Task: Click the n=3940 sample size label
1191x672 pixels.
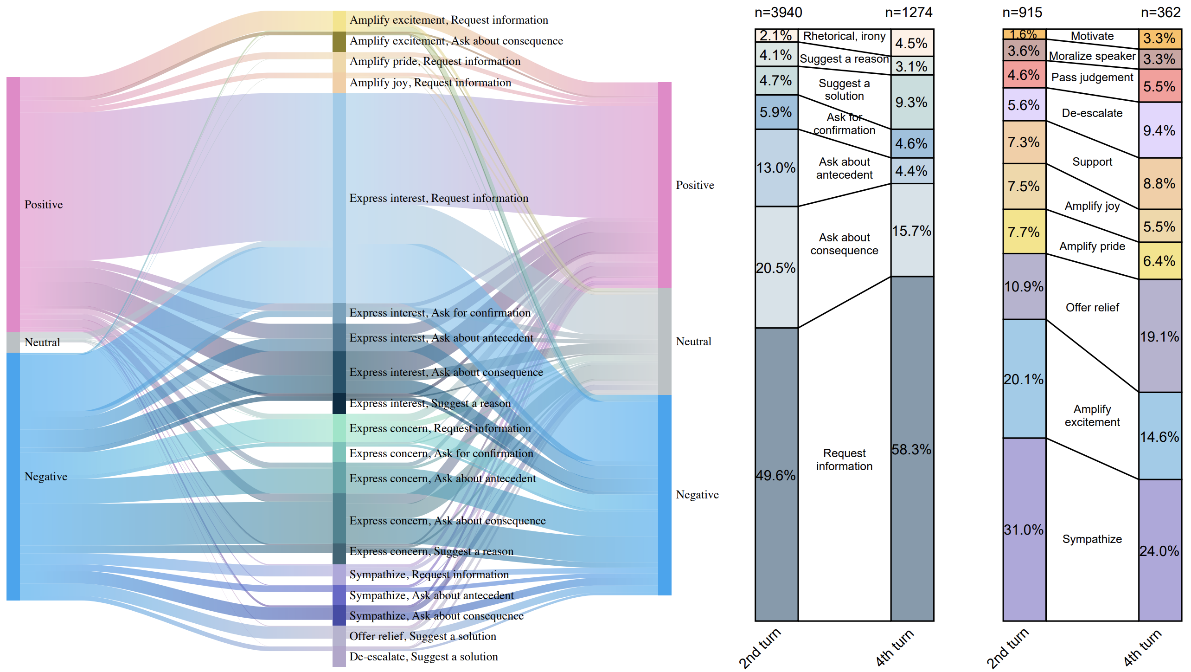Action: [778, 13]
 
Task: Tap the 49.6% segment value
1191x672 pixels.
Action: [775, 475]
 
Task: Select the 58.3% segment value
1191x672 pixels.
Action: [911, 449]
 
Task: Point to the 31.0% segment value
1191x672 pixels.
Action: [1024, 530]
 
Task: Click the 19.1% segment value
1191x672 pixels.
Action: [1159, 336]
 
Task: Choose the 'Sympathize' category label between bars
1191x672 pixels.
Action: [1092, 539]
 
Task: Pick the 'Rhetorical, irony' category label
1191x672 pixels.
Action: [844, 36]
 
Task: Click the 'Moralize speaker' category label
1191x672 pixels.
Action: [1092, 56]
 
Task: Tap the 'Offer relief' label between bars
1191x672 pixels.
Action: [1092, 307]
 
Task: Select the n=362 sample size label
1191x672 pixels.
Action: [1160, 13]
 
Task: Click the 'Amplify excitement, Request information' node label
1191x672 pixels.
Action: [448, 20]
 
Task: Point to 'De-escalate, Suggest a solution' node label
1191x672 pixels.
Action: [423, 657]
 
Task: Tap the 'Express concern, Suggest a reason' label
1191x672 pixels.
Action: [431, 551]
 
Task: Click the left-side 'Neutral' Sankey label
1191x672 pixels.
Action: [42, 342]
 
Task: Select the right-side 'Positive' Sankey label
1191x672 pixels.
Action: [695, 185]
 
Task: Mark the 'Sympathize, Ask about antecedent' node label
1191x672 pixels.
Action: [431, 595]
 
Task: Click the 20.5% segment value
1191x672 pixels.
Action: [775, 268]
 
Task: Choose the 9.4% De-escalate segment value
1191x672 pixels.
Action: [1159, 130]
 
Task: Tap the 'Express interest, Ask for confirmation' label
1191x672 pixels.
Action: [440, 313]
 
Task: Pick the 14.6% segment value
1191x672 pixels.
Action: [1159, 437]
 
